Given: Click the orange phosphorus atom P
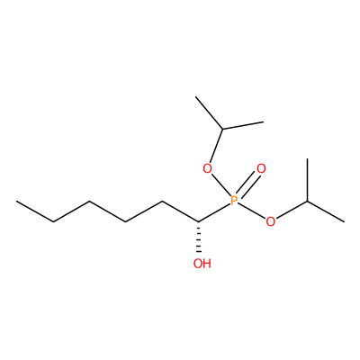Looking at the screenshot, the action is (x=234, y=201).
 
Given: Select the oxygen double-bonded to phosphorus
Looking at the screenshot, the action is (x=261, y=168).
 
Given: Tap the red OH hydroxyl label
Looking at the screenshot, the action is (x=202, y=264).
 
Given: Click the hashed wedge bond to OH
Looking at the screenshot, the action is (x=198, y=238).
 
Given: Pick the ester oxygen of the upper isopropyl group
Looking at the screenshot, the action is (x=207, y=168).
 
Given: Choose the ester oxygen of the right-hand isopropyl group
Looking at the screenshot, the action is (x=270, y=221).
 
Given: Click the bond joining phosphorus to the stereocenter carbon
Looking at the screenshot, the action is (x=214, y=212).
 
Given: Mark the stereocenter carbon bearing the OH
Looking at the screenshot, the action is (x=198, y=222).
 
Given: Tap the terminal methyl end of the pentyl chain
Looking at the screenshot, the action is (x=17, y=202).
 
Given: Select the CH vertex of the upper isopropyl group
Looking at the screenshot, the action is (x=222, y=130).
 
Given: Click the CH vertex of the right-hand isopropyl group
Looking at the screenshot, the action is (x=308, y=202).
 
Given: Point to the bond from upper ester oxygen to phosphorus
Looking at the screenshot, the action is (x=220, y=185).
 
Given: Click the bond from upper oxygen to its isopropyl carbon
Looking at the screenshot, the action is (x=216, y=146).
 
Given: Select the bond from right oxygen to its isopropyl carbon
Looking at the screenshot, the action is (x=291, y=210).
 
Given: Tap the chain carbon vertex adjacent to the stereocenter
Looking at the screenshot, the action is (x=162, y=202).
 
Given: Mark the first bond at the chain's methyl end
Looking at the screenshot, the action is (x=35, y=211).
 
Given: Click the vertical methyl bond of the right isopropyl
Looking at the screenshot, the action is (x=308, y=180).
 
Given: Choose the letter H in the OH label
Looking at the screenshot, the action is (x=207, y=264).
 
